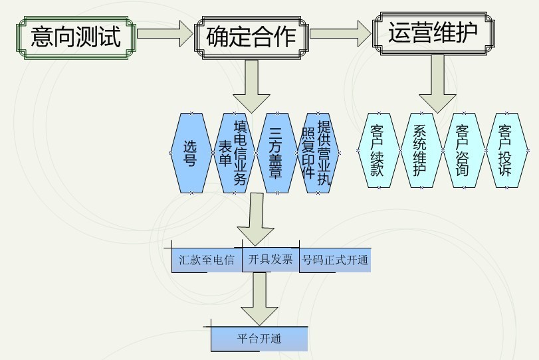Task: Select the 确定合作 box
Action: click(251, 35)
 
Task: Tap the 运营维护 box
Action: click(433, 31)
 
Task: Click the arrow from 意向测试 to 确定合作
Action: click(163, 35)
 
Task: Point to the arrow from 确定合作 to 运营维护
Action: click(340, 32)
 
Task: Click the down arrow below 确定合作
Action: click(251, 84)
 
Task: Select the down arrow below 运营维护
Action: click(436, 82)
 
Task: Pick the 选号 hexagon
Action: click(191, 153)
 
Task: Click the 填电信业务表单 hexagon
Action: click(233, 153)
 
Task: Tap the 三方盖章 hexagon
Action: click(274, 153)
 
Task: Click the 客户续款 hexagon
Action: click(378, 150)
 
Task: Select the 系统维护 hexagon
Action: click(420, 150)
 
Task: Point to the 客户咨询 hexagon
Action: click(462, 150)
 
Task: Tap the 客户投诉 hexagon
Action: click(504, 150)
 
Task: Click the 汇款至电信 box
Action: click(206, 260)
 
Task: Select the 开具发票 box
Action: click(270, 260)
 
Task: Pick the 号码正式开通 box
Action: click(334, 260)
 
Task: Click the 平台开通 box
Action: click(259, 339)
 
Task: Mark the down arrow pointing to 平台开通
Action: click(259, 299)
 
